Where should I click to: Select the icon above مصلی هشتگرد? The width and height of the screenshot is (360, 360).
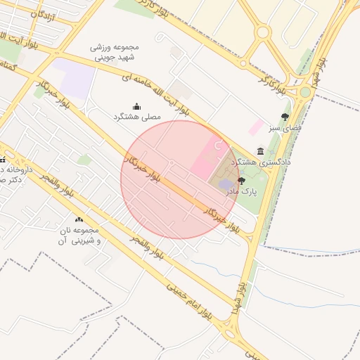pyautogui.click(x=137, y=107)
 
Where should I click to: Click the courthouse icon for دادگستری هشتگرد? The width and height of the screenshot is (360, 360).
pyautogui.click(x=261, y=151)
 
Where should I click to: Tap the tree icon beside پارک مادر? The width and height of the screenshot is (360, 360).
pyautogui.click(x=242, y=181)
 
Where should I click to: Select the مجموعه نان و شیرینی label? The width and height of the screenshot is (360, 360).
pyautogui.click(x=78, y=236)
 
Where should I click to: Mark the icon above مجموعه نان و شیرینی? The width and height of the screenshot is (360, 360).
pyautogui.click(x=78, y=220)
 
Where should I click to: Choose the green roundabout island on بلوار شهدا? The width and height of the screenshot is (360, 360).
pyautogui.click(x=305, y=92)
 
